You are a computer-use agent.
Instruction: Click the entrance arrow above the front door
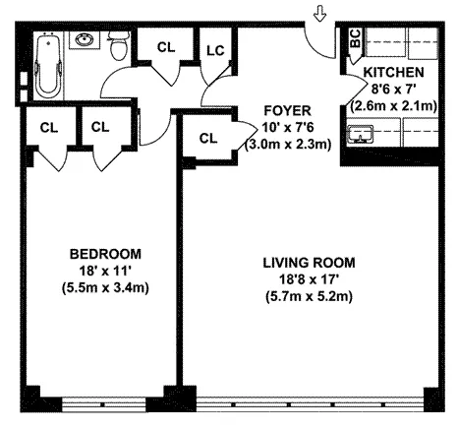[319, 14]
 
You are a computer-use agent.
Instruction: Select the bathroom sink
[85, 41]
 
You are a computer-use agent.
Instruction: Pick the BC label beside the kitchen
[354, 38]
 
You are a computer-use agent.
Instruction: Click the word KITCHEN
[393, 74]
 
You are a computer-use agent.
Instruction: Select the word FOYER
[288, 111]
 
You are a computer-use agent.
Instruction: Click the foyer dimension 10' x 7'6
[288, 127]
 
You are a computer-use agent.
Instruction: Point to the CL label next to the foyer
[207, 139]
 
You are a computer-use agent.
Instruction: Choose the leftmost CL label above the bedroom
[49, 126]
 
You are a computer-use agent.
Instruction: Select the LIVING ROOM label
[308, 263]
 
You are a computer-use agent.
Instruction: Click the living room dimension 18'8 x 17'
[308, 280]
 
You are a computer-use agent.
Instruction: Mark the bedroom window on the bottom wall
[102, 402]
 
